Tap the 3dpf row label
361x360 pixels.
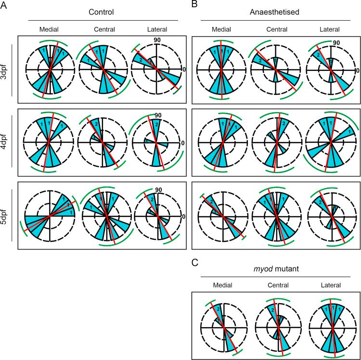6,69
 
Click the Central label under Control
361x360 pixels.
104,29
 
